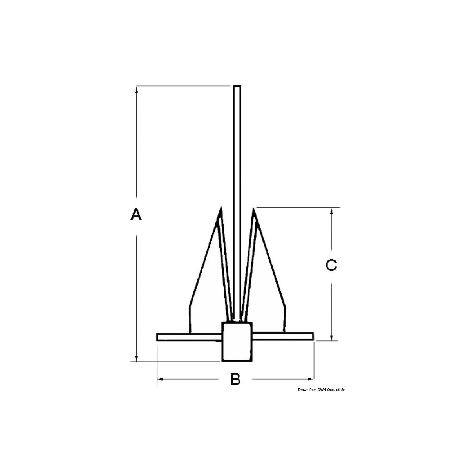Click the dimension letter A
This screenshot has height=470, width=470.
[x=136, y=215]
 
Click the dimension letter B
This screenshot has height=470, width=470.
[x=235, y=379]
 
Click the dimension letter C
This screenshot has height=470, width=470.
[x=331, y=265]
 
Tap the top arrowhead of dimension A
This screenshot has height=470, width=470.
[x=136, y=90]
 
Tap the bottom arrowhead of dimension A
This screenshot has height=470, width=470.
[x=136, y=358]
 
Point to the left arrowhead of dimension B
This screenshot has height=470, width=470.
[x=160, y=379]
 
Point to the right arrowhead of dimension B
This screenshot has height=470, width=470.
[x=311, y=379]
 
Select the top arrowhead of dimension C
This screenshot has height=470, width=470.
[x=332, y=211]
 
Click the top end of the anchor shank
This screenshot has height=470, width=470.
[x=237, y=87]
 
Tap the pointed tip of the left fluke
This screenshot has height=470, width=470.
[x=221, y=208]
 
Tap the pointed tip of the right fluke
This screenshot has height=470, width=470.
[x=253, y=209]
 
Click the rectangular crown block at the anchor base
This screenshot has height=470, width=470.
[x=237, y=341]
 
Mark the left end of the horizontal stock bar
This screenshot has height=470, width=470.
[x=158, y=337]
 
